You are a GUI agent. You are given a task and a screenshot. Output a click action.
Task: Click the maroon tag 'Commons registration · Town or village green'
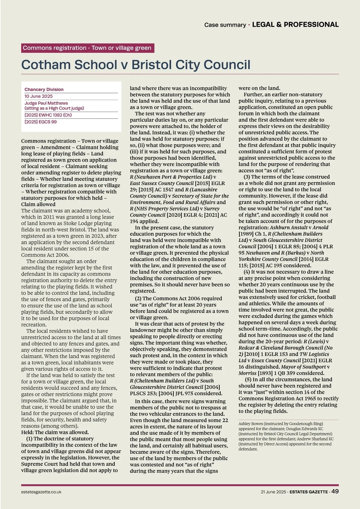coord(87,48)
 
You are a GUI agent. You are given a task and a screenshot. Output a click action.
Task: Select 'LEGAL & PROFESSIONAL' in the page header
coord(295,25)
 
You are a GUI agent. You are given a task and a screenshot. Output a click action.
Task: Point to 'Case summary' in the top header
coord(225,25)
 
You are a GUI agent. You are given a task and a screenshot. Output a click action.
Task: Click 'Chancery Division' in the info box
coord(44,89)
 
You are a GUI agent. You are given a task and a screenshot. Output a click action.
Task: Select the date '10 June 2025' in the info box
coord(39,96)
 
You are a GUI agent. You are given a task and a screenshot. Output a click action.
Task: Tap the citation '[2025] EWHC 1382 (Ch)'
coord(48,115)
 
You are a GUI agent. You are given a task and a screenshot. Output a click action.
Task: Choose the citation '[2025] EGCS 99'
coord(40,122)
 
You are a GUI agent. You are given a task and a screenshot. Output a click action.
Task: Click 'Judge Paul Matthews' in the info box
coord(46,103)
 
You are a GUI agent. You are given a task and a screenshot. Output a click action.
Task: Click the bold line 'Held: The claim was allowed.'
coord(55,432)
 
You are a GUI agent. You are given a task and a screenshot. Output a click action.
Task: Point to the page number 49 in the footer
coord(335,491)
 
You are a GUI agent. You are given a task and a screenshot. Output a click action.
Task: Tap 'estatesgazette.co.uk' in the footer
coord(41,492)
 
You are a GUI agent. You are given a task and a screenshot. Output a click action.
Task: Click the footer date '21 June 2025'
coord(273,492)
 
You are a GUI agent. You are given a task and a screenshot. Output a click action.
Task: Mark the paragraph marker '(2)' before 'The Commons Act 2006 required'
coord(138,298)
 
